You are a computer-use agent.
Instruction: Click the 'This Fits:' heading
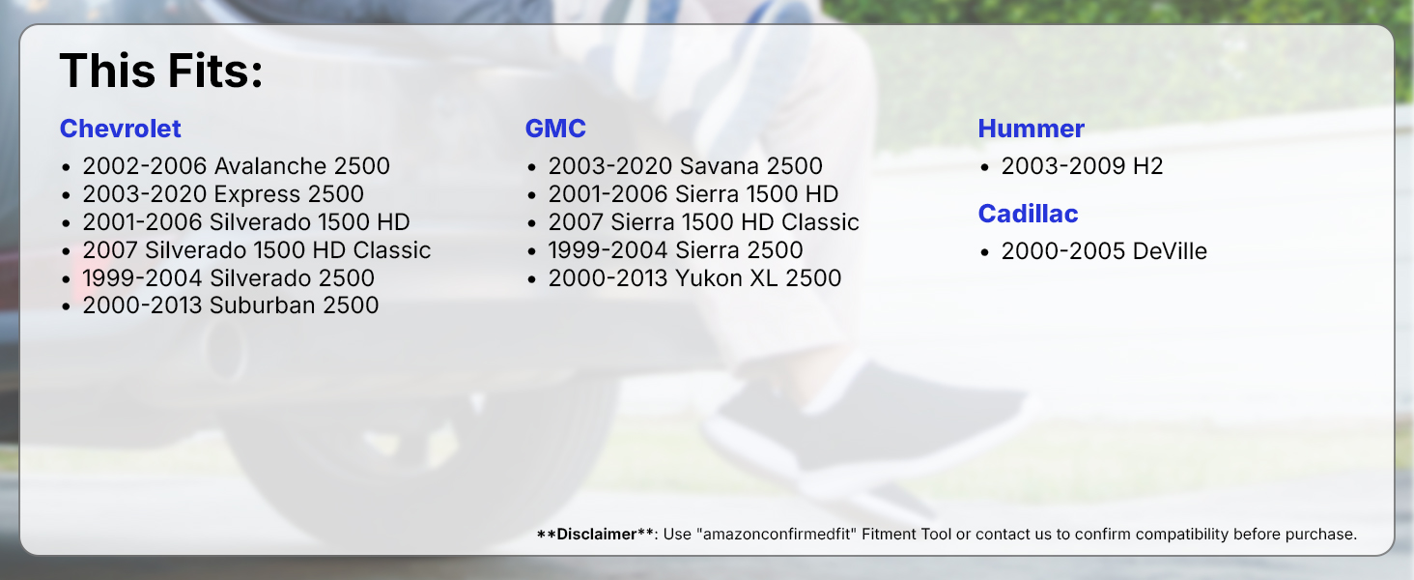(161, 71)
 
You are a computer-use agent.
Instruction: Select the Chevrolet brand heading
(121, 129)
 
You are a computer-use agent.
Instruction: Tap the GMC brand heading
(555, 129)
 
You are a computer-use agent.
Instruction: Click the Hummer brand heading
(1032, 129)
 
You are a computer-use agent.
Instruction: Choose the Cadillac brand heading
(1029, 215)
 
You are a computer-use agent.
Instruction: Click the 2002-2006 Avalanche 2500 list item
(236, 166)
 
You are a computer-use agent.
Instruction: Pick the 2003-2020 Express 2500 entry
(223, 194)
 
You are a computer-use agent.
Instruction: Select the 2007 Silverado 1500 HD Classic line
(257, 250)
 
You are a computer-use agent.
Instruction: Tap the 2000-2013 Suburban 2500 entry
(231, 305)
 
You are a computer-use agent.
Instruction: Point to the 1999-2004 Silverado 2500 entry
(229, 278)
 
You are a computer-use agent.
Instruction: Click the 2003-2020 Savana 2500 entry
(686, 166)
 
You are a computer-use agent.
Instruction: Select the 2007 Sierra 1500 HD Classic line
(704, 222)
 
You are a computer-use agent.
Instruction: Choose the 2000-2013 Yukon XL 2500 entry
(695, 278)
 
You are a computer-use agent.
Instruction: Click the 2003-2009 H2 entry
(1082, 166)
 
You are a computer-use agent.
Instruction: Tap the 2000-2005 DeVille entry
(1104, 251)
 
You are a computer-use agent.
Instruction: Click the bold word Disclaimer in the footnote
(597, 535)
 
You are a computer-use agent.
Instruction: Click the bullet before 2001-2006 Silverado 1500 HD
(67, 223)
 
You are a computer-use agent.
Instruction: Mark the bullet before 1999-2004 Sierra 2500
(531, 251)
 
